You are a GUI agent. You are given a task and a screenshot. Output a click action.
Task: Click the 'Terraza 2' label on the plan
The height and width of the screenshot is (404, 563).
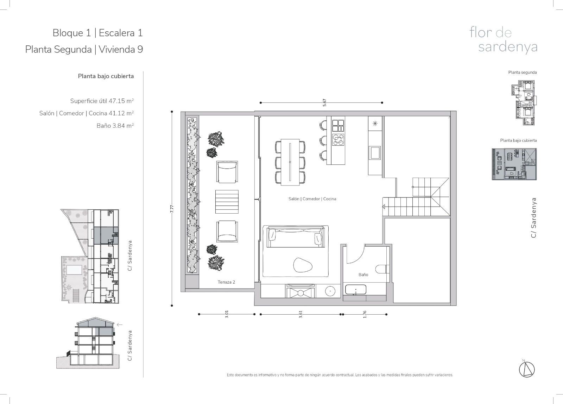(x=226, y=282)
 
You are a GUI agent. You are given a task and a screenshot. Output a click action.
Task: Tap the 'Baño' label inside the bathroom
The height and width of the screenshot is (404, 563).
(x=363, y=275)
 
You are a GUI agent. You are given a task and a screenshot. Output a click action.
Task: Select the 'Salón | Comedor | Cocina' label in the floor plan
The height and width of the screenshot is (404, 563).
(x=312, y=199)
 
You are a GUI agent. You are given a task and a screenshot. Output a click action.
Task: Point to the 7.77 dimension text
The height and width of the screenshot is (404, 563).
(x=172, y=209)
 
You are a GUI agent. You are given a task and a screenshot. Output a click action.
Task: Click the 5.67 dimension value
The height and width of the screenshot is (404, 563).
(x=324, y=102)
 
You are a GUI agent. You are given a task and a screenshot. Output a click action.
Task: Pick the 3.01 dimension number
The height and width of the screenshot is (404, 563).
(x=227, y=314)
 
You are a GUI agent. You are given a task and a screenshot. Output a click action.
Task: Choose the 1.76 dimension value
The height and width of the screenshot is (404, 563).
(x=365, y=314)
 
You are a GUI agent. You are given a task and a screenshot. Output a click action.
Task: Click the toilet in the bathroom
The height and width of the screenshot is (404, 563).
(x=382, y=269)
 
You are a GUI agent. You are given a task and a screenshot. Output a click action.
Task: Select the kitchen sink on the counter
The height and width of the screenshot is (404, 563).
(x=375, y=153)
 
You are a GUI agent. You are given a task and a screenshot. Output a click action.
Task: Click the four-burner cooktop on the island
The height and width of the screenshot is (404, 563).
(x=338, y=140)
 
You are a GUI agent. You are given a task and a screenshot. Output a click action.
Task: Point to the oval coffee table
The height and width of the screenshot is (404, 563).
(x=303, y=265)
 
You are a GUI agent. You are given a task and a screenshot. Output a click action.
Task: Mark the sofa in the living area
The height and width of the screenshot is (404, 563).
(x=296, y=236)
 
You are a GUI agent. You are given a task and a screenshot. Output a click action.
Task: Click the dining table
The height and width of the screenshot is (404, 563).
(x=290, y=162)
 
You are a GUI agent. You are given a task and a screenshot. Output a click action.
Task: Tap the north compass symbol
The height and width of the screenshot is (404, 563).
(x=527, y=370)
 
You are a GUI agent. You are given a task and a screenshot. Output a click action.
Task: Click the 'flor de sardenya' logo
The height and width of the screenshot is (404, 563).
(x=503, y=40)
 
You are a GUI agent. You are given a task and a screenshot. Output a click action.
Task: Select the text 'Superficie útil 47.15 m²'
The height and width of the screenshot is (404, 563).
(x=102, y=101)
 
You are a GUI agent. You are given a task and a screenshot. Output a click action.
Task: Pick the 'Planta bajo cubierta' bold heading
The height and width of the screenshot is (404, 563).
(x=106, y=76)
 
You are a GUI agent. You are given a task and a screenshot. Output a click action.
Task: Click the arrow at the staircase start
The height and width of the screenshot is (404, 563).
(x=384, y=207)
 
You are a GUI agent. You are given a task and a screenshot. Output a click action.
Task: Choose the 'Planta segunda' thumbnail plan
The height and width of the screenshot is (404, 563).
(x=524, y=102)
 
